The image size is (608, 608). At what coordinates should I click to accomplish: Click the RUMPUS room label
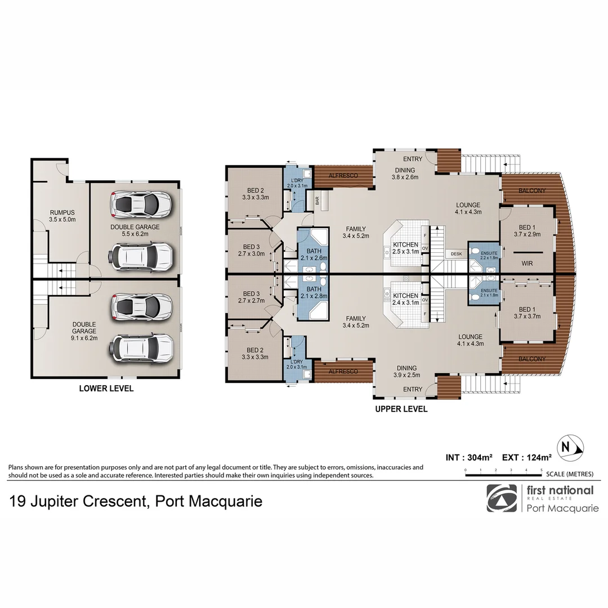click(x=62, y=216)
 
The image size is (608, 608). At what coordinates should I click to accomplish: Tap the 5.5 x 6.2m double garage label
click(x=135, y=230)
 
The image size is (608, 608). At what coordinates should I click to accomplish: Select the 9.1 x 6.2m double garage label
click(x=84, y=332)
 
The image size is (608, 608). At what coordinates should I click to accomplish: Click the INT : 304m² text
click(x=470, y=458)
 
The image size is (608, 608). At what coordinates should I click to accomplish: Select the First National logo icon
click(x=502, y=498)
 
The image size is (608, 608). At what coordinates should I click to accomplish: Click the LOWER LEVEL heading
click(x=106, y=388)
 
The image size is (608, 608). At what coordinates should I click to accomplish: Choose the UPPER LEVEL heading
click(x=401, y=409)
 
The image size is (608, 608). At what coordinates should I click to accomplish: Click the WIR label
click(x=527, y=263)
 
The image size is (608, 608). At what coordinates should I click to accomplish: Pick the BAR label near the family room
click(x=317, y=199)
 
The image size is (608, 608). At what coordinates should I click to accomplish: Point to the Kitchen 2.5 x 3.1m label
click(x=405, y=248)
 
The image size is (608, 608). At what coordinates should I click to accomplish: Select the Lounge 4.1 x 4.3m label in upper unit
click(x=468, y=209)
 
